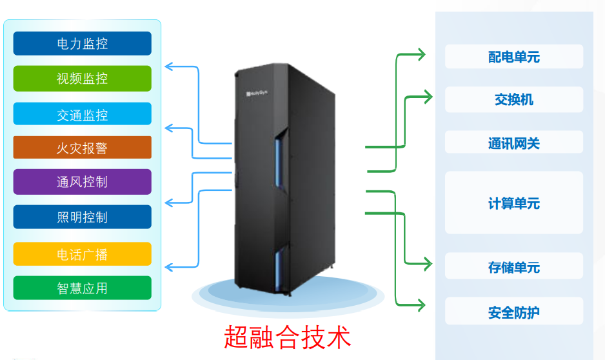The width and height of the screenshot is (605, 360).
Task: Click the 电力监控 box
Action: (x=82, y=44)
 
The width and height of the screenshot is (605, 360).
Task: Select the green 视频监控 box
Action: (x=82, y=79)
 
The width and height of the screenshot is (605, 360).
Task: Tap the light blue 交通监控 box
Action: (x=82, y=115)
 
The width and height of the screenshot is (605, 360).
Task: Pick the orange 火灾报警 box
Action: (x=82, y=148)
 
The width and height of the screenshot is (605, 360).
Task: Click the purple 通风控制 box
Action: (x=82, y=182)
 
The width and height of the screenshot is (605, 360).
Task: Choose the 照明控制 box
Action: (x=82, y=217)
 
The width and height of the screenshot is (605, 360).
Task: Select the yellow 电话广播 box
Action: (x=82, y=254)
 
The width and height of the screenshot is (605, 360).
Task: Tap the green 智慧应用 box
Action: (x=82, y=288)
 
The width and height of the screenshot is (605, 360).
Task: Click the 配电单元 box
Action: (x=513, y=57)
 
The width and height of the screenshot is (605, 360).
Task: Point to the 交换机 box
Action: (x=513, y=100)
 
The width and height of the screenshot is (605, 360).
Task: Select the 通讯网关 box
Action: (x=513, y=143)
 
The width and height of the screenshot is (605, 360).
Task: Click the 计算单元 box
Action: (x=513, y=203)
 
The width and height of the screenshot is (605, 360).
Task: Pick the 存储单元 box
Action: (x=513, y=266)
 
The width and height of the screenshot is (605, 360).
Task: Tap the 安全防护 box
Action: (x=513, y=312)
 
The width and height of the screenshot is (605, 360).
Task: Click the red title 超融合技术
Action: (x=288, y=337)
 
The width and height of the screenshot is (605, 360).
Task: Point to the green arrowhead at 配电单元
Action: (x=421, y=55)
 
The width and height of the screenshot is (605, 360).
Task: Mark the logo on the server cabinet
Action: (x=257, y=94)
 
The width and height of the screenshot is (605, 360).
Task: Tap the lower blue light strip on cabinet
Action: (x=279, y=270)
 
